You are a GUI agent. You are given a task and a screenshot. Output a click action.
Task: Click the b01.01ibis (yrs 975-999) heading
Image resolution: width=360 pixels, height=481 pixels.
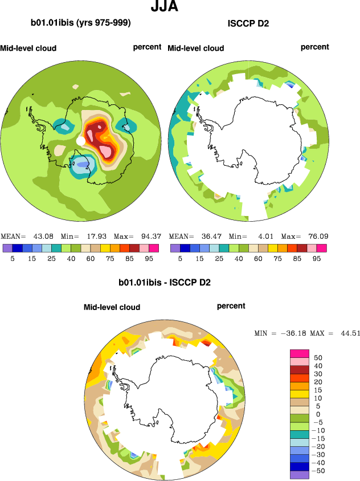(81, 23)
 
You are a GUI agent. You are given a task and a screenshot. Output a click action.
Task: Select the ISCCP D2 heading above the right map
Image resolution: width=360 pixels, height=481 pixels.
(248, 24)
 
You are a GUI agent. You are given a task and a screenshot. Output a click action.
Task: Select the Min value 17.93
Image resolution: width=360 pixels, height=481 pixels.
(94, 236)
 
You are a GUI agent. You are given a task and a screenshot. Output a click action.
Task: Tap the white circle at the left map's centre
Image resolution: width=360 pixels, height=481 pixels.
(81, 140)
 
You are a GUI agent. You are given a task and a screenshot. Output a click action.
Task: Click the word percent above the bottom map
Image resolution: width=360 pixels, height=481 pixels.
(231, 306)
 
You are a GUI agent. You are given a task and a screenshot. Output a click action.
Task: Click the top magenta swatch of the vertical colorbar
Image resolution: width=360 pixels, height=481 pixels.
(300, 354)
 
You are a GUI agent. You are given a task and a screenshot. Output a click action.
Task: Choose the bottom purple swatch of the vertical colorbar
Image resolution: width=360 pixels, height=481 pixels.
(300, 475)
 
